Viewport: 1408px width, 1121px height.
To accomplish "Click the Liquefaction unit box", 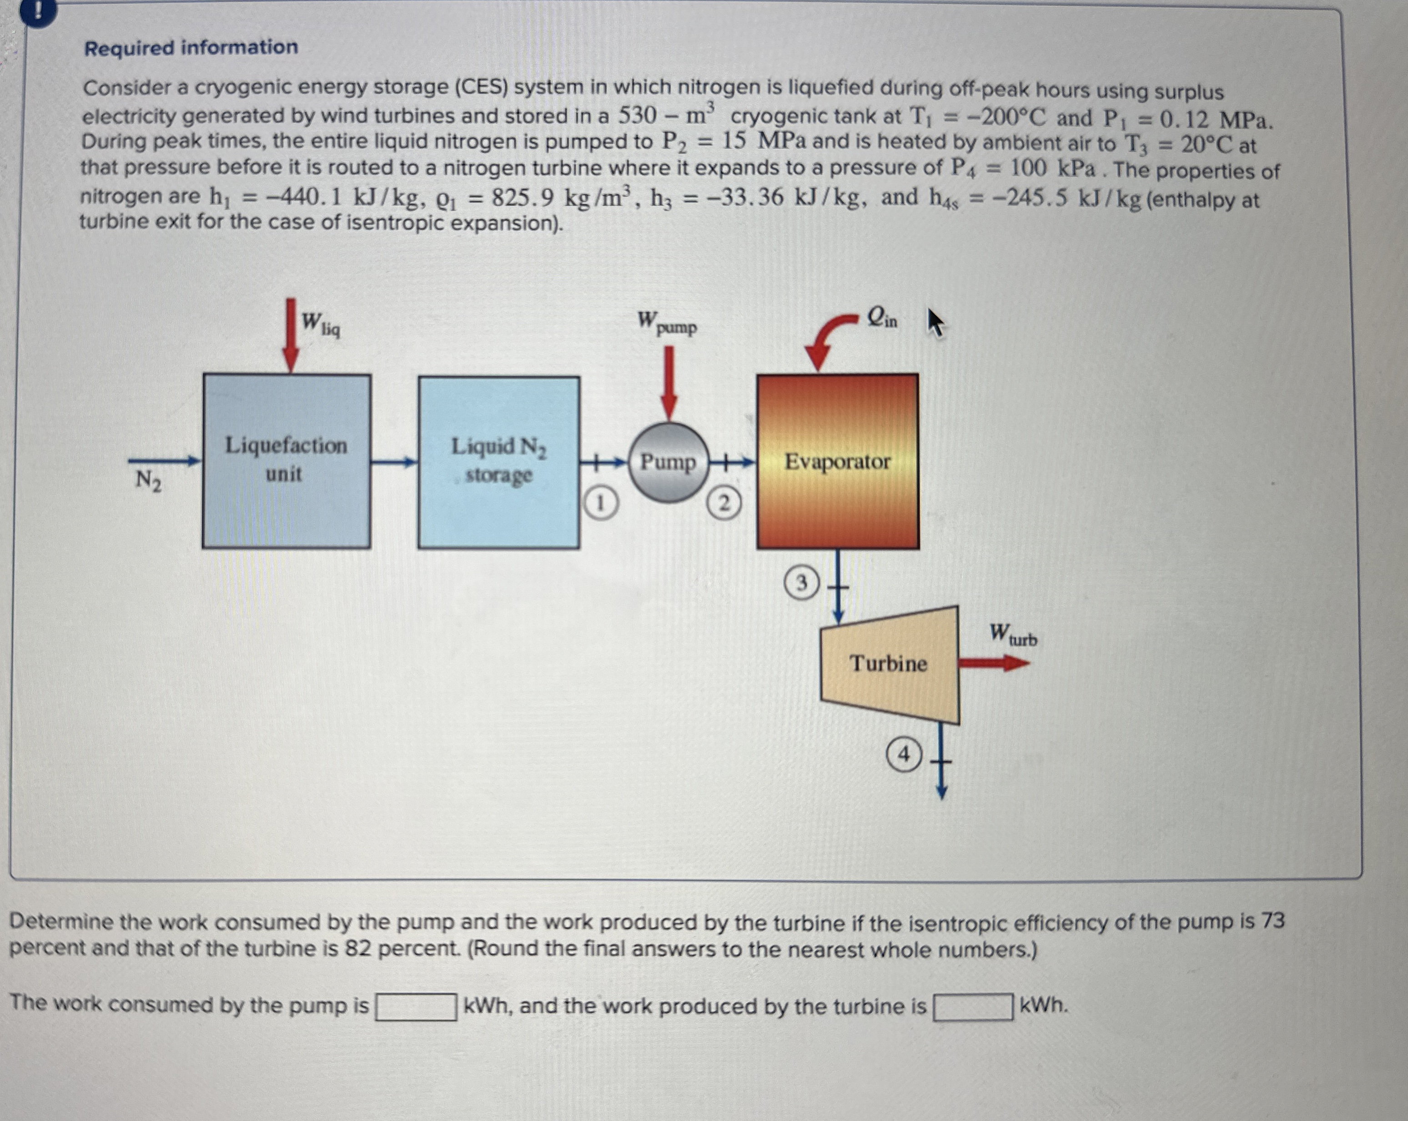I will tap(286, 460).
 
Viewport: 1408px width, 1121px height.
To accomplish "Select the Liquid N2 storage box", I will tap(498, 462).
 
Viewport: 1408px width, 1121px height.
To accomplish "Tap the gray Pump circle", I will tap(668, 462).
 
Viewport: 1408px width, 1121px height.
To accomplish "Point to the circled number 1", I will tap(600, 503).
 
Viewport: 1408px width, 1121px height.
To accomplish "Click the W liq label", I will tap(320, 323).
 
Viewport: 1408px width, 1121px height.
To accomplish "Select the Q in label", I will tap(882, 318).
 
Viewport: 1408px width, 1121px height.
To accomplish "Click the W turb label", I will tap(1012, 635).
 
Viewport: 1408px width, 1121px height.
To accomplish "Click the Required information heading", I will tap(191, 48).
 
